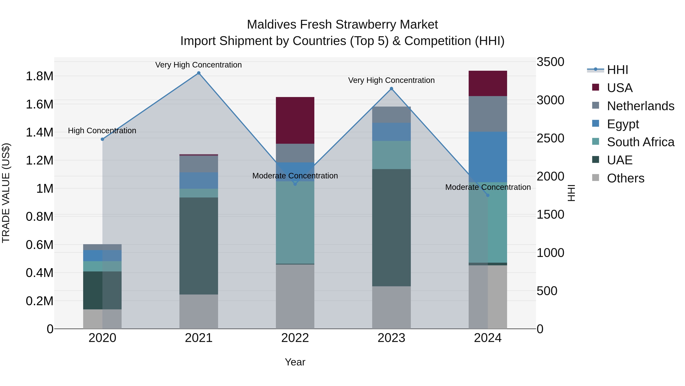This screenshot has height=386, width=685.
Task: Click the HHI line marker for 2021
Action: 199,73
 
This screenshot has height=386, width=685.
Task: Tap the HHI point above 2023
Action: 391,89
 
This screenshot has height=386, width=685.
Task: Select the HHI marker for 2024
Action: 488,195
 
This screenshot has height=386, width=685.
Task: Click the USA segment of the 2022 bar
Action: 295,120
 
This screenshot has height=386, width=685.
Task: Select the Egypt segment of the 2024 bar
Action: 488,157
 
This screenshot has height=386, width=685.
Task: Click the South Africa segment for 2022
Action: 295,222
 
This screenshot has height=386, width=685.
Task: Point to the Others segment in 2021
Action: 199,311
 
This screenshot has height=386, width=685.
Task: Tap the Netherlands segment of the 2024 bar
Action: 488,114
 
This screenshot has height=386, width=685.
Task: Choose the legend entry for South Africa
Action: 640,142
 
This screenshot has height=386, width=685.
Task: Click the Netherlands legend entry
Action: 640,106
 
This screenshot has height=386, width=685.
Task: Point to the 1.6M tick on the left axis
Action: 39,104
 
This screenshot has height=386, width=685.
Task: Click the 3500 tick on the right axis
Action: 550,62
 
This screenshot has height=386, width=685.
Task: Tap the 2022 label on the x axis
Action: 295,338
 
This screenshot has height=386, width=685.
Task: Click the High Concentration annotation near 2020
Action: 102,131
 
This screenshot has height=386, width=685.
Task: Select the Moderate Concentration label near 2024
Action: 488,187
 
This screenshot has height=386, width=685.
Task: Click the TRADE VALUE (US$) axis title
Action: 6,193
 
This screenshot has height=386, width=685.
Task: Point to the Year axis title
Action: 295,362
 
